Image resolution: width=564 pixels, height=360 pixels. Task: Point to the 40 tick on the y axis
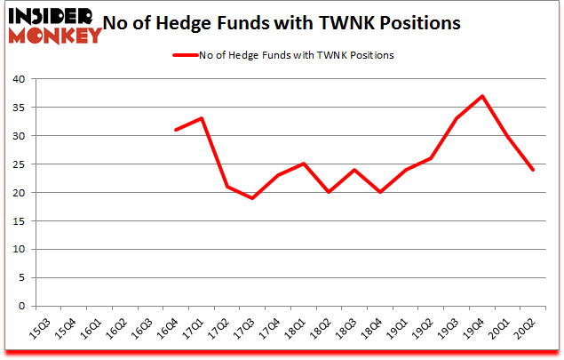[x=17, y=79]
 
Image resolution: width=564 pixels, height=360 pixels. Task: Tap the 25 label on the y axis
[x=17, y=164]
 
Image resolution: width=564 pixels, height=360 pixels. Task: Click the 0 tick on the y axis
[x=20, y=307]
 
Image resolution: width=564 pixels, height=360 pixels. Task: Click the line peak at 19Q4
[x=481, y=96]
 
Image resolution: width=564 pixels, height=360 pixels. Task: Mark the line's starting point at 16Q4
[x=175, y=130]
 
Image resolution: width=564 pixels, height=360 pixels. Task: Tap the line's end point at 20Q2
[x=532, y=170]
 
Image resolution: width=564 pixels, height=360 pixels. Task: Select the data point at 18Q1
[x=303, y=164]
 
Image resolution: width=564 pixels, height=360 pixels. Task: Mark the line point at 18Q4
[x=379, y=192]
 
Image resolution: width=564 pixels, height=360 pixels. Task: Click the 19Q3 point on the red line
[x=456, y=118]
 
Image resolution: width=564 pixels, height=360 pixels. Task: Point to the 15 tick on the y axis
[x=17, y=221]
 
